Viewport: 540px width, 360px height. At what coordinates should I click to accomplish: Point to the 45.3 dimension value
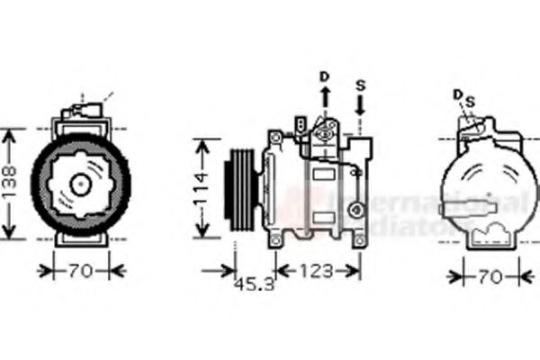[x=255, y=287]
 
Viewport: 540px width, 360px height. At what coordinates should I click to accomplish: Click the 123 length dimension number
[x=316, y=268]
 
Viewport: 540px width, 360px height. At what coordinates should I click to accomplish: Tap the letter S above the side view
[x=360, y=85]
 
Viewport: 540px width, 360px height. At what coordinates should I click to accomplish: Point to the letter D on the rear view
[x=457, y=94]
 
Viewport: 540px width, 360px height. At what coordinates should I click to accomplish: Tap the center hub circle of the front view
[x=80, y=184]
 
